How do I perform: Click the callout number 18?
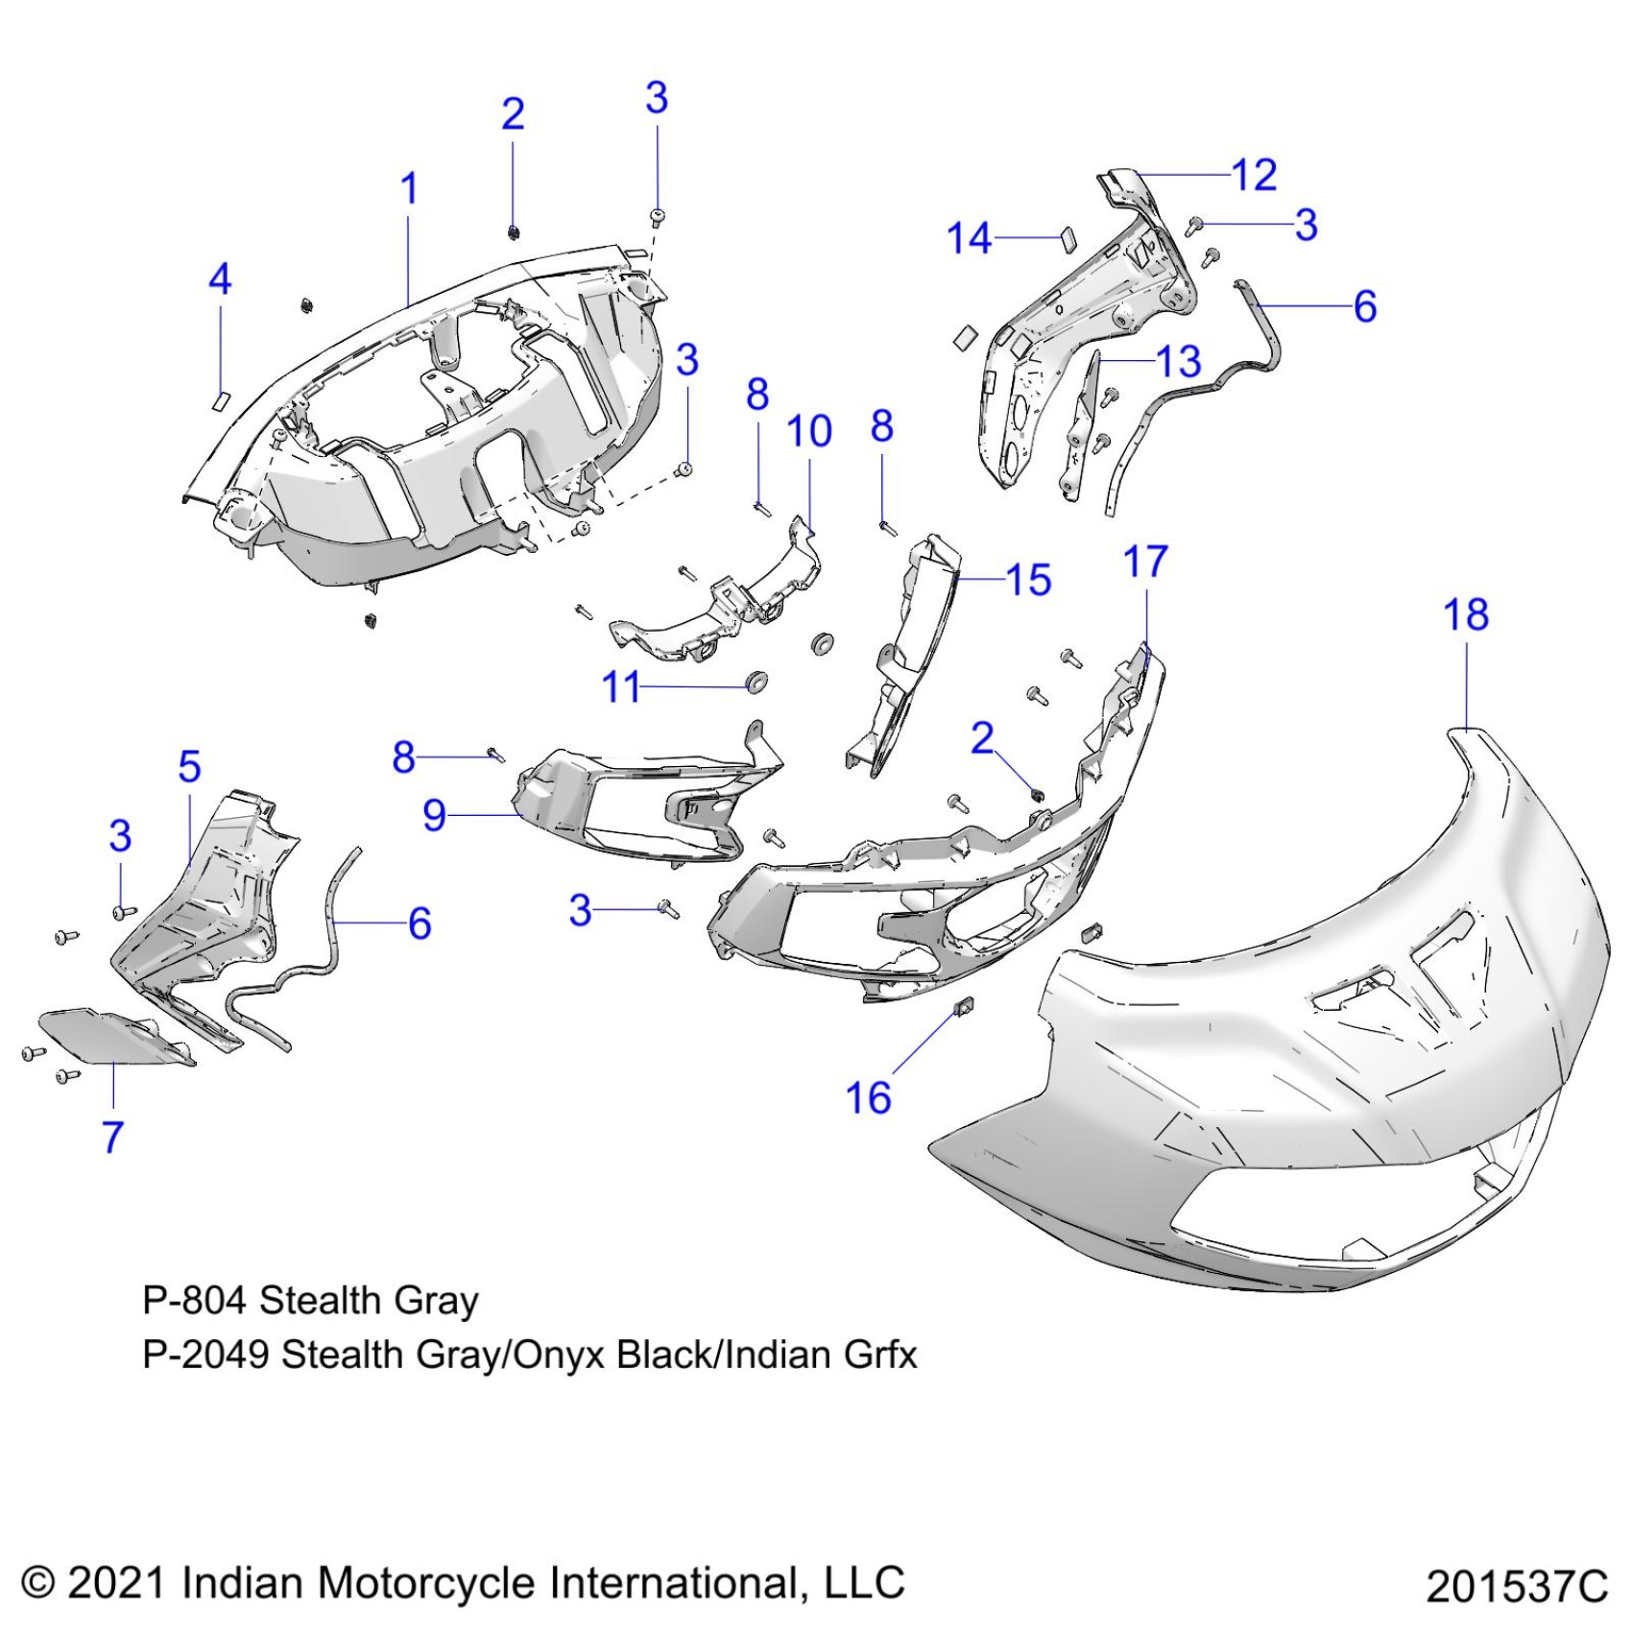click(x=1465, y=614)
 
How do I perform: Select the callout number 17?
click(x=1145, y=562)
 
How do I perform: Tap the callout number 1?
click(x=409, y=188)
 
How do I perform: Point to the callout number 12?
click(x=1254, y=175)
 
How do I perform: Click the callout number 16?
click(x=868, y=1097)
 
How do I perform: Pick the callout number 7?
click(x=113, y=1137)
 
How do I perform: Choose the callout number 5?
click(x=189, y=766)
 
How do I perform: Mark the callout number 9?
click(x=434, y=815)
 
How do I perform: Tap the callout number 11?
click(x=620, y=687)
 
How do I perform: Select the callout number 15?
click(x=1028, y=580)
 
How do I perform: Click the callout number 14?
click(x=969, y=237)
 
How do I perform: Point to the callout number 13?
click(x=1179, y=361)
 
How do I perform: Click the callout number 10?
click(x=808, y=431)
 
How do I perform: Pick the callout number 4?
click(x=220, y=279)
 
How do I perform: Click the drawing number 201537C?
click(x=1516, y=1587)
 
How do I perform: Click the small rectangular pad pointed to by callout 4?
click(x=220, y=399)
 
